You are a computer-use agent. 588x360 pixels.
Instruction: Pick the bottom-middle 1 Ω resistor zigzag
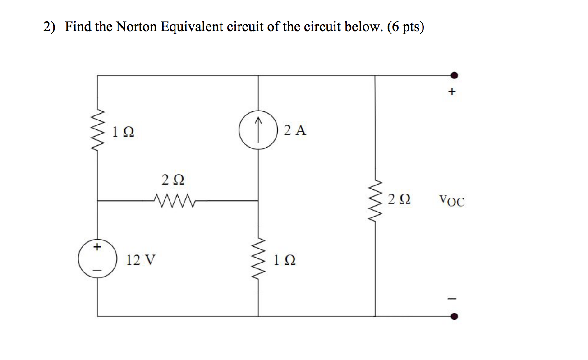coord(258,259)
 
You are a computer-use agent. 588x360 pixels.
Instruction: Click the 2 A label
coord(296,131)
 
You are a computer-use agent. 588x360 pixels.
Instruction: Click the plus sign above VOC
coord(452,92)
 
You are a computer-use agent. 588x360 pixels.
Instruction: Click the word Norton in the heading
coord(135,28)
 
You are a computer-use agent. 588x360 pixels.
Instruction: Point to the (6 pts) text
coord(406,28)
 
